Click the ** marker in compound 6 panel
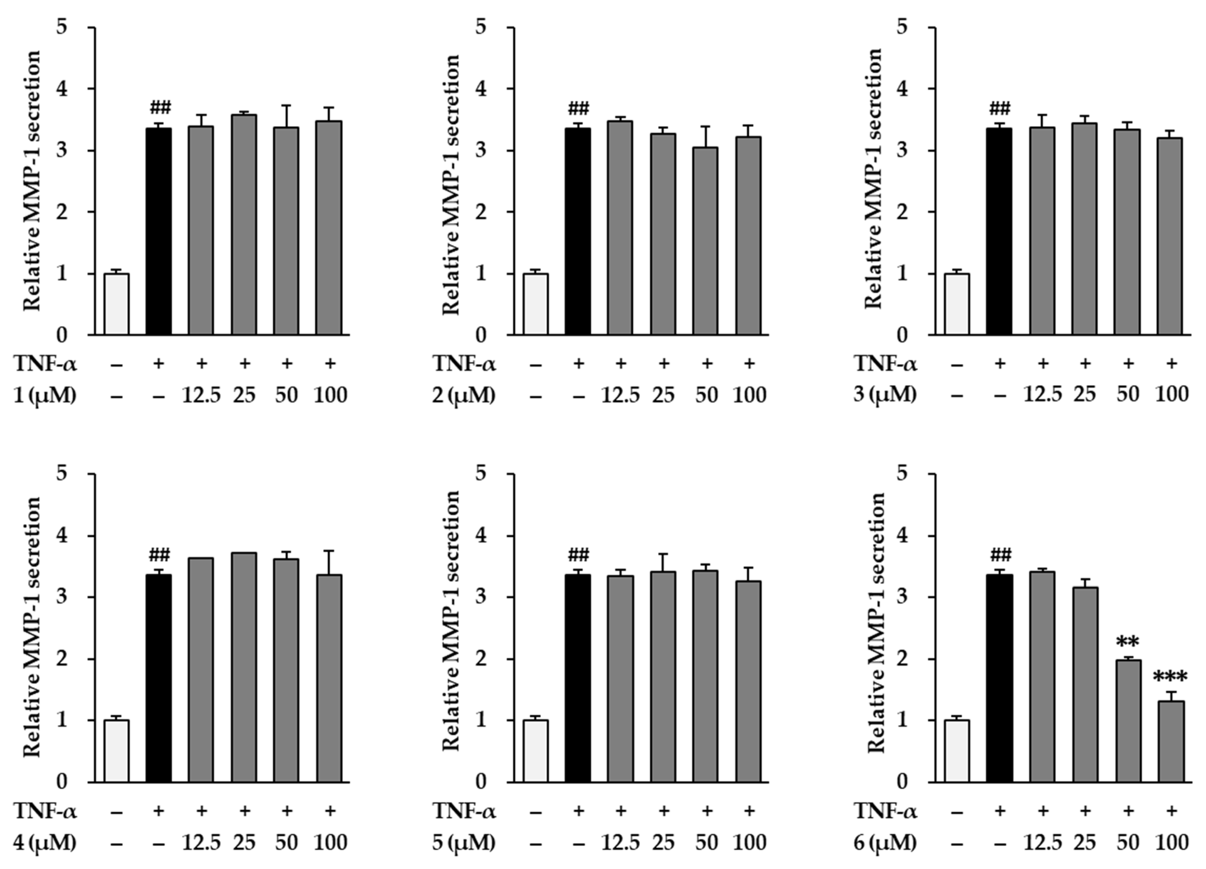click(1128, 642)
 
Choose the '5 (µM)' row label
click(464, 842)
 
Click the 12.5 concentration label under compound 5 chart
click(620, 842)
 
